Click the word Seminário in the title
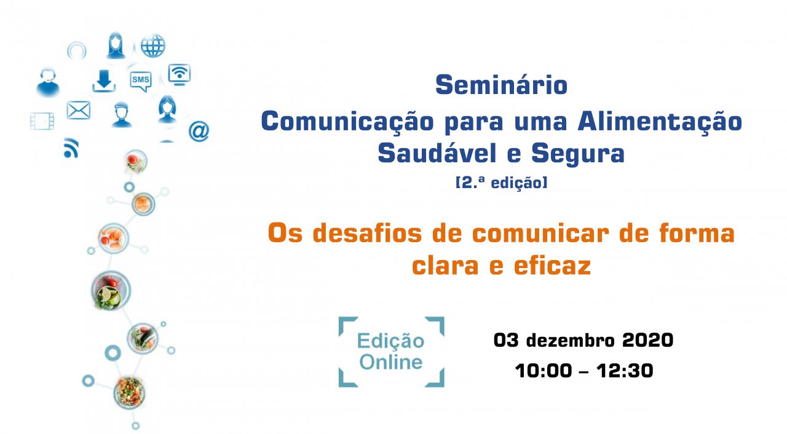501,85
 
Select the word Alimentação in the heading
660,122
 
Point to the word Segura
578,154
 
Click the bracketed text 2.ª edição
501,183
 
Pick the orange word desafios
367,233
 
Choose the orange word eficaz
552,266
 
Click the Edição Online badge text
390,352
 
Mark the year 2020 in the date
647,340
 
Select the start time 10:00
544,371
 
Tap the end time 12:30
625,371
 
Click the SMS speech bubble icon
141,81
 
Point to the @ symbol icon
199,131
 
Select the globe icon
153,45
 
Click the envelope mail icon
78,110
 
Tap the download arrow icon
104,81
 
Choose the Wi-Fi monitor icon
179,74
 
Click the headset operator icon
48,82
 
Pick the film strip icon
42,121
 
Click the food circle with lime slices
111,291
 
